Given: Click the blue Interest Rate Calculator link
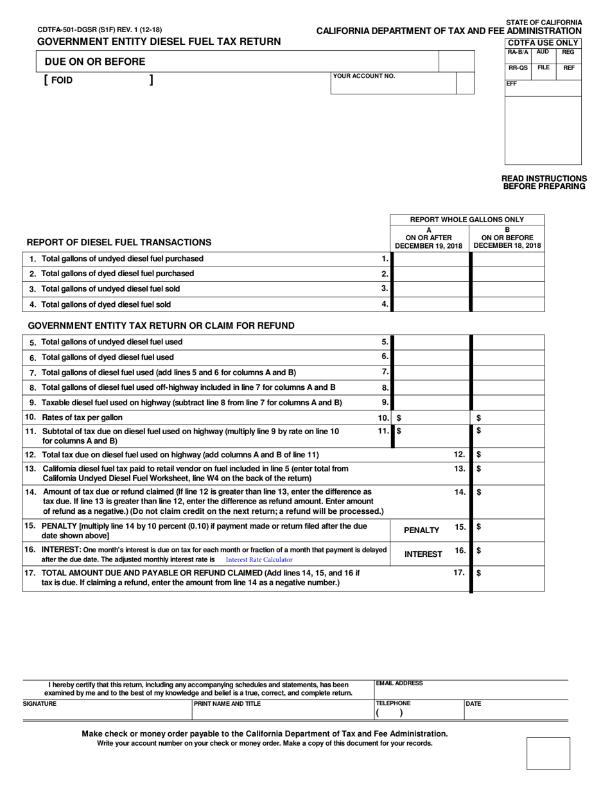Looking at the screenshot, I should pyautogui.click(x=259, y=560).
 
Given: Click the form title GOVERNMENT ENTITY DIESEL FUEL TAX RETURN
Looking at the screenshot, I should pyautogui.click(x=159, y=42).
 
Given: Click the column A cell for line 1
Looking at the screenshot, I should pyautogui.click(x=430, y=259).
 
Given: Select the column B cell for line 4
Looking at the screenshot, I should pyautogui.click(x=508, y=304).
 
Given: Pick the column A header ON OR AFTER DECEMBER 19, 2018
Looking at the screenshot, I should pyautogui.click(x=428, y=238).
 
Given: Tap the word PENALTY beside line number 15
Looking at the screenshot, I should pyautogui.click(x=422, y=531).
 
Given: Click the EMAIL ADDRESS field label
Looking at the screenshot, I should pyautogui.click(x=399, y=684).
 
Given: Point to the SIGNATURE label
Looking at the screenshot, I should pyautogui.click(x=40, y=704).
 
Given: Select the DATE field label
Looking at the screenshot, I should pyautogui.click(x=474, y=704).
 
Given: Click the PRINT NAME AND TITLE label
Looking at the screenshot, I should pyautogui.click(x=227, y=704).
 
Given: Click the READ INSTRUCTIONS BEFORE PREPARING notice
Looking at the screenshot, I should pyautogui.click(x=543, y=182).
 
